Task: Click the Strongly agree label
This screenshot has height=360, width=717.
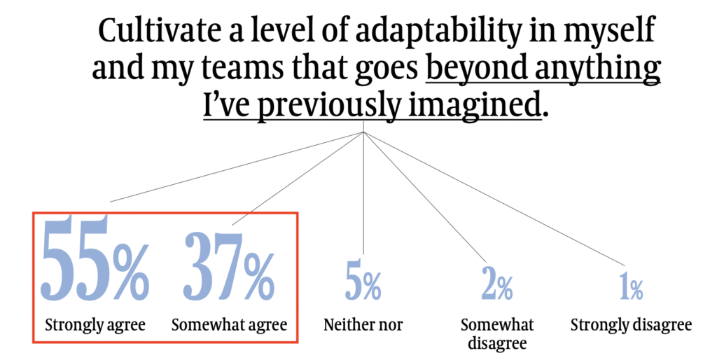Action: tap(95, 325)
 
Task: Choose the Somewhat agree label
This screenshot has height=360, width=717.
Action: tap(229, 325)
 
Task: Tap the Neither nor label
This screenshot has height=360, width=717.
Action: tap(363, 325)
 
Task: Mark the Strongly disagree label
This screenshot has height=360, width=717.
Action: tap(631, 325)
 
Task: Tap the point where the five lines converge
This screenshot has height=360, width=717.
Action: tap(363, 132)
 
